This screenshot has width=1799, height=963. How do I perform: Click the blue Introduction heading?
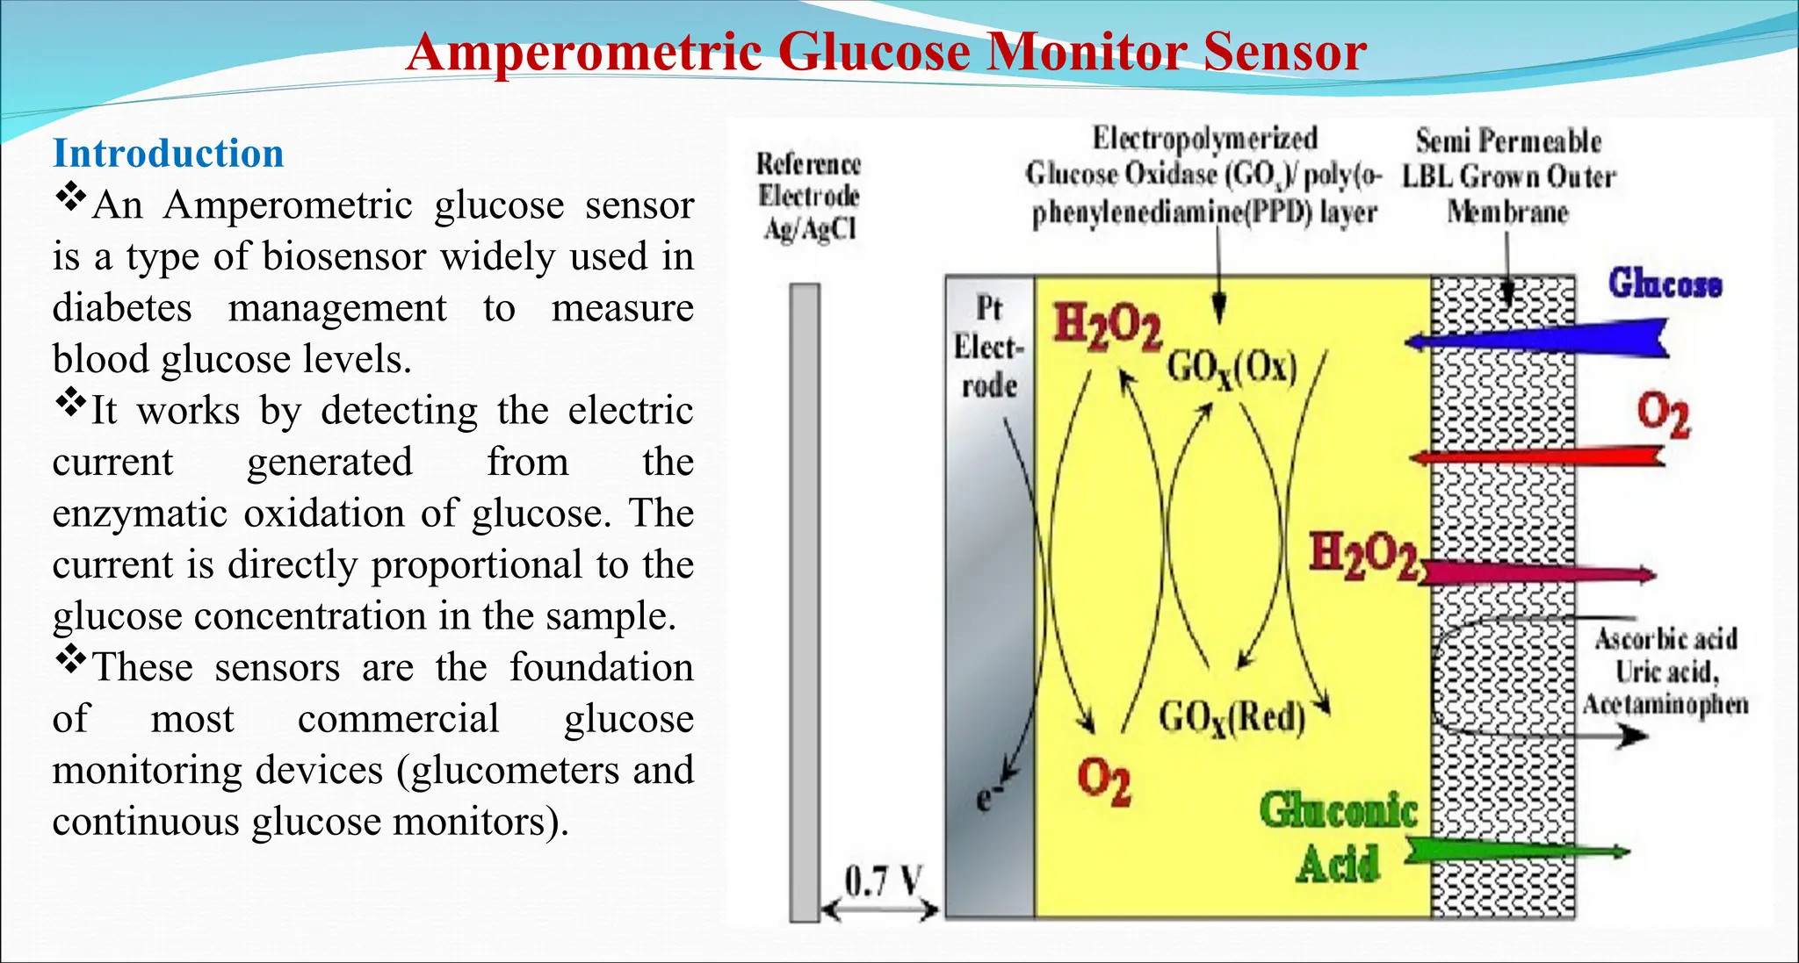click(168, 154)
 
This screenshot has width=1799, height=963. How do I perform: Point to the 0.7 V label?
click(884, 880)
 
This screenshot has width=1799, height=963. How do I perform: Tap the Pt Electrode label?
click(989, 347)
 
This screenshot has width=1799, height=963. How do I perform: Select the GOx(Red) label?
click(1232, 718)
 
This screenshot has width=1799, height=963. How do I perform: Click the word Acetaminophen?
click(1665, 704)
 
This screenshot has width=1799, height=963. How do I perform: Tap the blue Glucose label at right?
click(1665, 284)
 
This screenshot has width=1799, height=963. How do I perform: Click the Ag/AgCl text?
click(809, 228)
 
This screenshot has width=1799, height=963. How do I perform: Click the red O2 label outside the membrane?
click(1663, 414)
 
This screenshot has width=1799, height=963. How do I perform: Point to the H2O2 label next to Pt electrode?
click(1107, 327)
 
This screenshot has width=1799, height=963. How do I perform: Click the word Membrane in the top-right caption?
click(1507, 212)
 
